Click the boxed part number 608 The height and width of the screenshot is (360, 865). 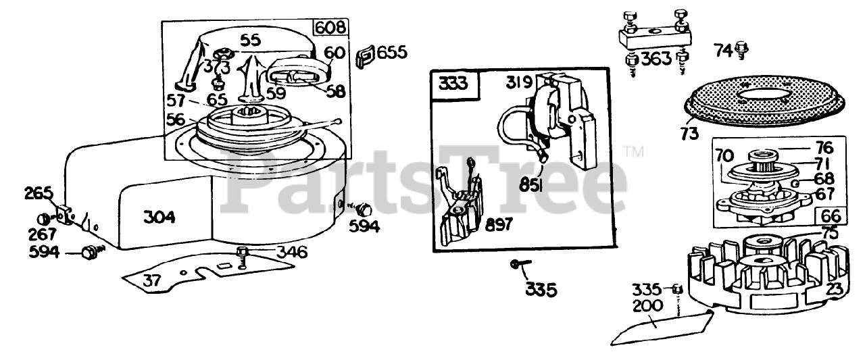(x=330, y=28)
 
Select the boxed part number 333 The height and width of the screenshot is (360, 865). (x=453, y=83)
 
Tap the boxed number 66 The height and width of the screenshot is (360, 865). (x=831, y=216)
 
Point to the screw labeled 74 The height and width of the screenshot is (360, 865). (x=741, y=50)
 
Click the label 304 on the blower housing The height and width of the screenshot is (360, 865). (x=159, y=217)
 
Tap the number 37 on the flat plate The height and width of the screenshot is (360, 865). (x=151, y=280)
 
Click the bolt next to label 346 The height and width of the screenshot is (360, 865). (x=242, y=257)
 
